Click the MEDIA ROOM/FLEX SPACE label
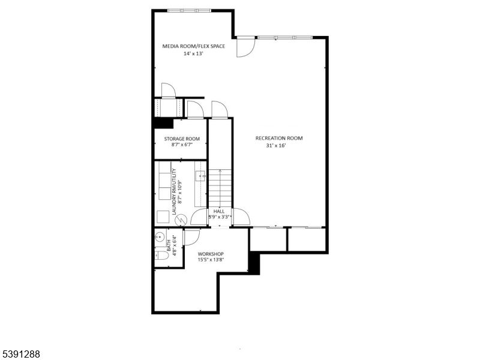194,46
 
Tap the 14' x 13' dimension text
193,53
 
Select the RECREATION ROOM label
279,138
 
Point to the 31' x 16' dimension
279,146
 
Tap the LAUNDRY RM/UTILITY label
174,192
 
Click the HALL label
218,211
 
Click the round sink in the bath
160,235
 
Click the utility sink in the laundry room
200,176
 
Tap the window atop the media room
189,10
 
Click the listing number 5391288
21,355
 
